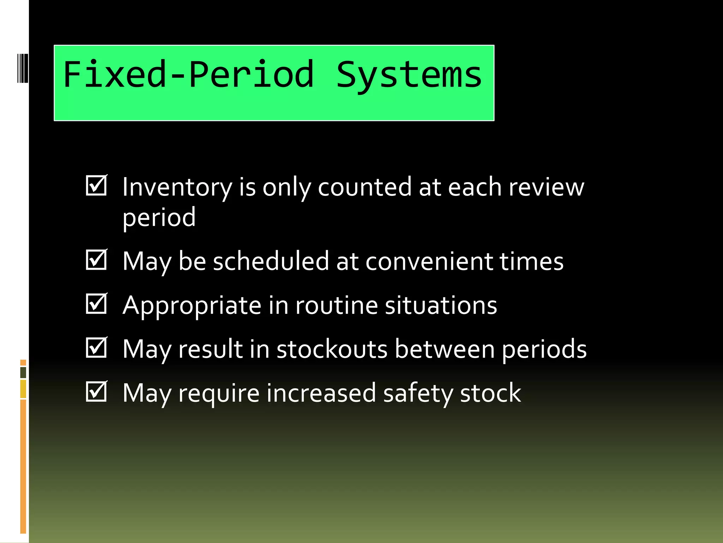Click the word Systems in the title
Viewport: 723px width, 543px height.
pos(409,75)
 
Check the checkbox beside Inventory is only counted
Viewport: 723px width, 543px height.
pos(96,186)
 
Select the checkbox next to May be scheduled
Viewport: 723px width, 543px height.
pos(96,260)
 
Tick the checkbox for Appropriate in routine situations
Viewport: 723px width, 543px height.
pos(96,304)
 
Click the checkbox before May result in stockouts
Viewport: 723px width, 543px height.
pos(96,348)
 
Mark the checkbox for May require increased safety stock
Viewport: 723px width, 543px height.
pos(96,392)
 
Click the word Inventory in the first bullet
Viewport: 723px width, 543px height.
pos(177,187)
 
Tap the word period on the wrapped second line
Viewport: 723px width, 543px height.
pos(159,218)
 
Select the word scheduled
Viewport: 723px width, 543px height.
pos(271,262)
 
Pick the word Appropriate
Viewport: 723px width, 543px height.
pos(192,306)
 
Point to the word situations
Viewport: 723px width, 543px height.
pos(441,305)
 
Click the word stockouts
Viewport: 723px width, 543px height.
pos(332,349)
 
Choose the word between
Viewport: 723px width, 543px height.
pos(444,349)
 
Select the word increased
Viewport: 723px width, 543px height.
pos(321,393)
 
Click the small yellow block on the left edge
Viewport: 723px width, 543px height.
pos(23,389)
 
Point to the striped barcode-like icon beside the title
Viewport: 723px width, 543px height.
pos(23,68)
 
